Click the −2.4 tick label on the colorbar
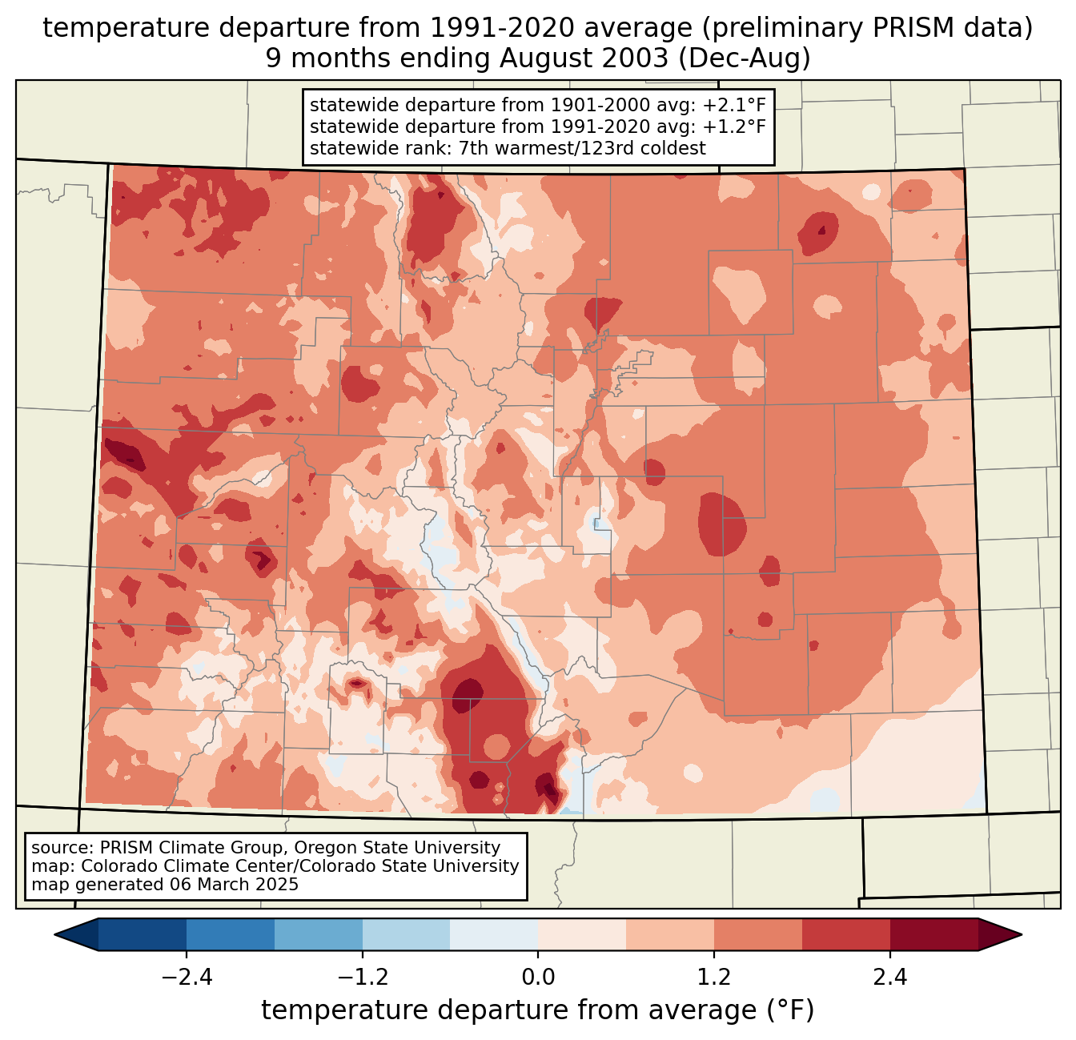[x=187, y=977]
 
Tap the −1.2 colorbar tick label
[x=362, y=977]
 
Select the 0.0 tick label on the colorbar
[x=538, y=977]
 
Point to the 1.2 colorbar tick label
[x=714, y=977]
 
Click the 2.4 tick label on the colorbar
[x=890, y=977]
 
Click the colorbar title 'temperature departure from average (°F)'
[x=538, y=1010]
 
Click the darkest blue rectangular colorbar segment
[x=143, y=934]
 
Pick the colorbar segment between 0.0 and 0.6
[x=582, y=934]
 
